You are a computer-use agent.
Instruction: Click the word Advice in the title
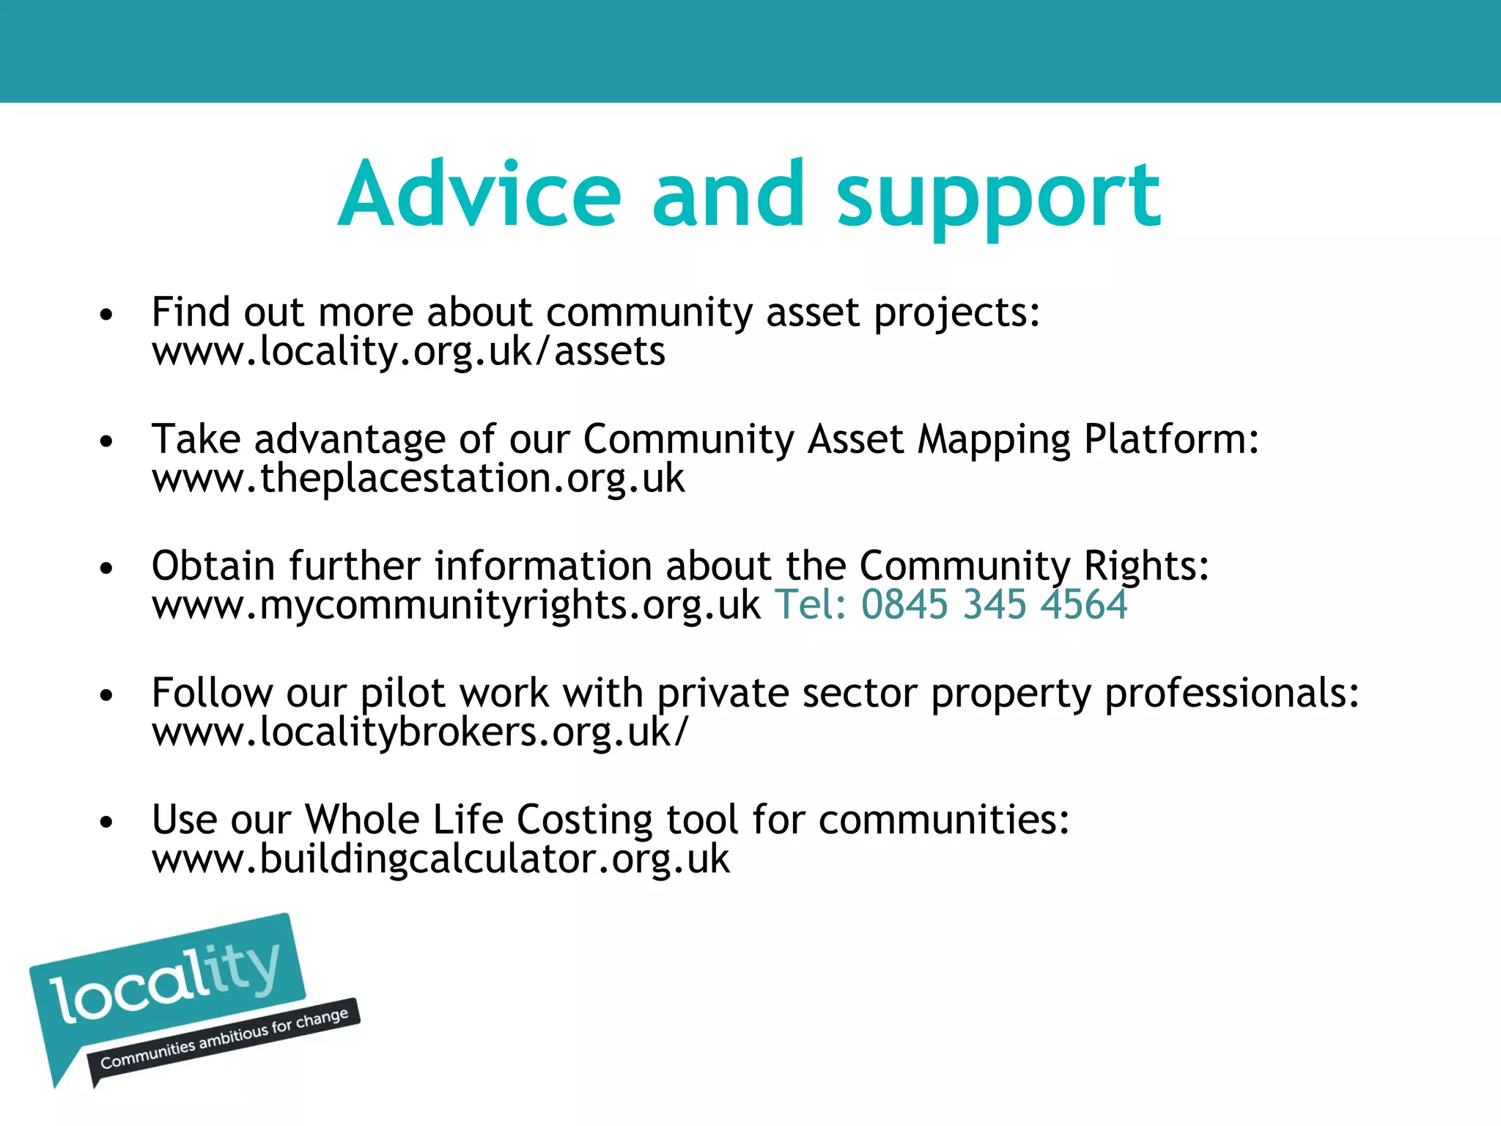[x=480, y=195]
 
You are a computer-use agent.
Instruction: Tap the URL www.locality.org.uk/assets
[x=408, y=352]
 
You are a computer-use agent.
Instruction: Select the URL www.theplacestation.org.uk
[x=418, y=479]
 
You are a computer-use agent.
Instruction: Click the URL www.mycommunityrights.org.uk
[x=456, y=606]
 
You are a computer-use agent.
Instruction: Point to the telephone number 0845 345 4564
[x=994, y=605]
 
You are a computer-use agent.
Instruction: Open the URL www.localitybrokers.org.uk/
[x=420, y=732]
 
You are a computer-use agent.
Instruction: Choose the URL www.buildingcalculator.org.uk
[x=440, y=859]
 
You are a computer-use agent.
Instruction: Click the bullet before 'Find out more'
[x=107, y=315]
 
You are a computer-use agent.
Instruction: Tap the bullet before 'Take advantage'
[x=107, y=442]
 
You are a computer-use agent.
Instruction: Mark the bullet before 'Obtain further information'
[x=107, y=569]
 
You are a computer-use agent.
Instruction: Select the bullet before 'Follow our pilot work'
[x=107, y=696]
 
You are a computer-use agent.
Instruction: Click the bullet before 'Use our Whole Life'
[x=107, y=823]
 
